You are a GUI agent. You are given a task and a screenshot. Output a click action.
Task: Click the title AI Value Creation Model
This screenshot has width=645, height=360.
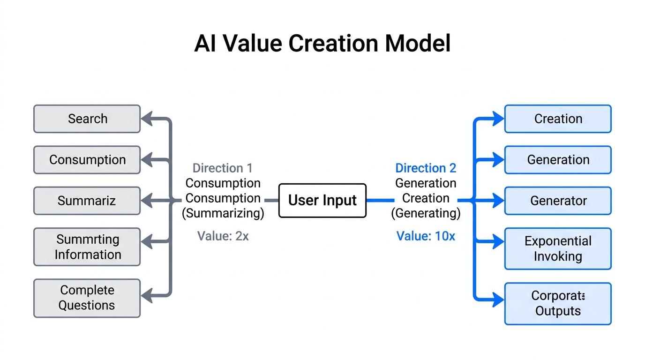tap(322, 44)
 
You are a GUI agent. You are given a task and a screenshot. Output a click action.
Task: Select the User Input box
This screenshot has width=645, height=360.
tap(322, 201)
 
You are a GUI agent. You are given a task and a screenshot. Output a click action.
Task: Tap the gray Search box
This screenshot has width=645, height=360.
tap(87, 119)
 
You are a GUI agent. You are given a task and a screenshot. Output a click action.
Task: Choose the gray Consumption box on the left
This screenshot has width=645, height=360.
tap(87, 160)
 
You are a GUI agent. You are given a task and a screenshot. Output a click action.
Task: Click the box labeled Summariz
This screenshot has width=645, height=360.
tap(87, 201)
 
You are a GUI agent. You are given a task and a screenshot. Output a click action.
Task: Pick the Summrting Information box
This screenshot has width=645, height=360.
tap(87, 247)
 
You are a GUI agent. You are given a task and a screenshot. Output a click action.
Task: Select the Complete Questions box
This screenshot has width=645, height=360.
tap(87, 298)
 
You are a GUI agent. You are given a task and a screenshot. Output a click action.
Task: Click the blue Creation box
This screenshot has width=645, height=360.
tap(558, 119)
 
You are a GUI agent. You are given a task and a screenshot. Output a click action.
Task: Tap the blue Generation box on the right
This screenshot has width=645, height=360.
tap(558, 160)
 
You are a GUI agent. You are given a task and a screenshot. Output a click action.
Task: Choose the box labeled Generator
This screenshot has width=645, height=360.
tap(558, 201)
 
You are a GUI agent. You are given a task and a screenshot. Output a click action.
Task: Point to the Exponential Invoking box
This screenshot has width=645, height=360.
tap(558, 249)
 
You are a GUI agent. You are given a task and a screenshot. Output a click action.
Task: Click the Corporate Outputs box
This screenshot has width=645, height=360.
tap(558, 304)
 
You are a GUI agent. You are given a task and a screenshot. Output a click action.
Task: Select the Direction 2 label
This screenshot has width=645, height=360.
tap(426, 168)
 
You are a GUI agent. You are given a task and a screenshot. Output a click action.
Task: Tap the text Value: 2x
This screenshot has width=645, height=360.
tap(223, 236)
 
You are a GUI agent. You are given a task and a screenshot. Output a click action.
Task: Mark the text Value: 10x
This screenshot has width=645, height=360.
tap(426, 236)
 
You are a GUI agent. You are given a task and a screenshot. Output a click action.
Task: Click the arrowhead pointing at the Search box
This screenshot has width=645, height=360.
tap(147, 119)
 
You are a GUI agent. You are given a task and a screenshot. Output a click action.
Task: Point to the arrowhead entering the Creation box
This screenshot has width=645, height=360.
tap(498, 119)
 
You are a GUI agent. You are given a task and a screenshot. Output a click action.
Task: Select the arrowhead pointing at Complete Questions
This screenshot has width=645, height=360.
tap(147, 295)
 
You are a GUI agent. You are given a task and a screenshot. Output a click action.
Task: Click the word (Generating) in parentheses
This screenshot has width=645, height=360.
tap(426, 214)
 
